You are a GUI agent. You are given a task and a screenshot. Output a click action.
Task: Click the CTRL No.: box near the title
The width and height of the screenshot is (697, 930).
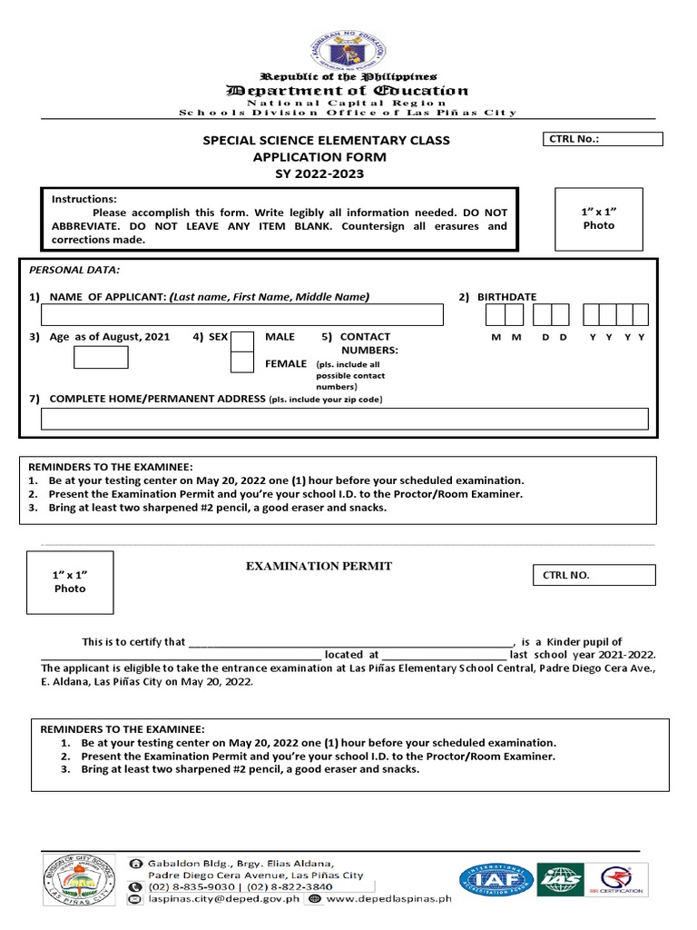(603, 139)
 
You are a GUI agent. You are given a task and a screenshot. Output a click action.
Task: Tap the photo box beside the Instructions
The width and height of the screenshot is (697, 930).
(598, 219)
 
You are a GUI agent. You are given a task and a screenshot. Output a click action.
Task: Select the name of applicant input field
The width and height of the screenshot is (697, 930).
(242, 315)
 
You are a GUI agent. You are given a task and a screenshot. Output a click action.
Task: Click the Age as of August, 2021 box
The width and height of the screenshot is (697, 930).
(101, 357)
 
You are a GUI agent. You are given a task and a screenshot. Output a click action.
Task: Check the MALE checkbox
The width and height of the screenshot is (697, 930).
(242, 341)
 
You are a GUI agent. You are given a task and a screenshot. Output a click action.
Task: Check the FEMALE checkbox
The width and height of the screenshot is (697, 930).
(242, 362)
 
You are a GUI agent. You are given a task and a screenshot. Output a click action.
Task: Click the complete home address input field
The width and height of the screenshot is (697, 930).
(345, 419)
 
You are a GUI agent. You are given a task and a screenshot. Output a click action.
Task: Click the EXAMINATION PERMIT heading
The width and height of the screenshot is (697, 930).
(319, 566)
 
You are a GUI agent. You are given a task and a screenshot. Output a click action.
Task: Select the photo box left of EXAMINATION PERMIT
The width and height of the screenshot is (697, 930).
(70, 582)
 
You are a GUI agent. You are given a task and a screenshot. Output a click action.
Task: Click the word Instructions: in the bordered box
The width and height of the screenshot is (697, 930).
(84, 199)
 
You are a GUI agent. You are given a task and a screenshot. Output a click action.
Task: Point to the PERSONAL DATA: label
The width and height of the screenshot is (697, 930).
(74, 270)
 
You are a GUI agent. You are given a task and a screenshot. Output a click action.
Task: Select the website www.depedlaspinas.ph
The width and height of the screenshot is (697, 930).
(388, 899)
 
